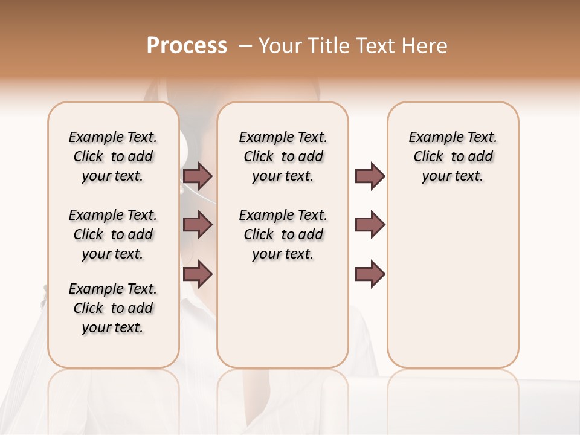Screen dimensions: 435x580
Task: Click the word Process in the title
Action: click(x=187, y=46)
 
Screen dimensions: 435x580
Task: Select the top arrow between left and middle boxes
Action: click(x=198, y=176)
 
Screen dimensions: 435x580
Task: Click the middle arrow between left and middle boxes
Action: click(x=198, y=225)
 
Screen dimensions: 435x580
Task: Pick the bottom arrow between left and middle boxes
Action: click(x=198, y=274)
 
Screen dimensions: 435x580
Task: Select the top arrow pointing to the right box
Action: click(x=370, y=176)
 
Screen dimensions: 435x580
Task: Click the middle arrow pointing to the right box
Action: click(x=370, y=225)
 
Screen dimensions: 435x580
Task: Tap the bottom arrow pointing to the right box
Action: click(x=370, y=274)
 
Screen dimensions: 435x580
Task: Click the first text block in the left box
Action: click(x=113, y=156)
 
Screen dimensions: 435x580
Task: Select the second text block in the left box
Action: click(x=113, y=234)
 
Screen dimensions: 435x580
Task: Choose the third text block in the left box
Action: click(x=113, y=308)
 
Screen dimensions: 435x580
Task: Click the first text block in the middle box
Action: click(x=283, y=156)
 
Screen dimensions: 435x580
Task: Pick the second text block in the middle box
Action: click(x=283, y=234)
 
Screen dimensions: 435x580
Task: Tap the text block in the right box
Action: click(x=453, y=156)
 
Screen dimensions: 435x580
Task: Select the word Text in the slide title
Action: click(x=374, y=46)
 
